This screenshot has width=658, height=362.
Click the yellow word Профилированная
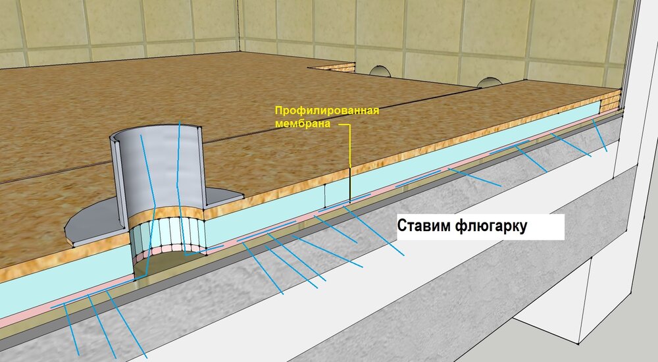pyautogui.click(x=327, y=111)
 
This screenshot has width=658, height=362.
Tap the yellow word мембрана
pyautogui.click(x=303, y=124)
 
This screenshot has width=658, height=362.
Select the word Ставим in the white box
pyautogui.click(x=423, y=226)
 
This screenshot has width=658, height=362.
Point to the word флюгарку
pyautogui.click(x=491, y=226)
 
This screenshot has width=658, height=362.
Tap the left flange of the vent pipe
pyautogui.click(x=94, y=220)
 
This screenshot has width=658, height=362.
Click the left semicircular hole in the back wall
pyautogui.click(x=380, y=71)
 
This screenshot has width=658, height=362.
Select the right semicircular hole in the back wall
pyautogui.click(x=488, y=82)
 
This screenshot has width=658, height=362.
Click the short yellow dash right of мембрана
pyautogui.click(x=344, y=125)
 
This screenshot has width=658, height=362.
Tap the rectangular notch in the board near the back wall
pyautogui.click(x=332, y=66)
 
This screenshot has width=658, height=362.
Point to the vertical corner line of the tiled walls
pyautogui.click(x=240, y=25)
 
